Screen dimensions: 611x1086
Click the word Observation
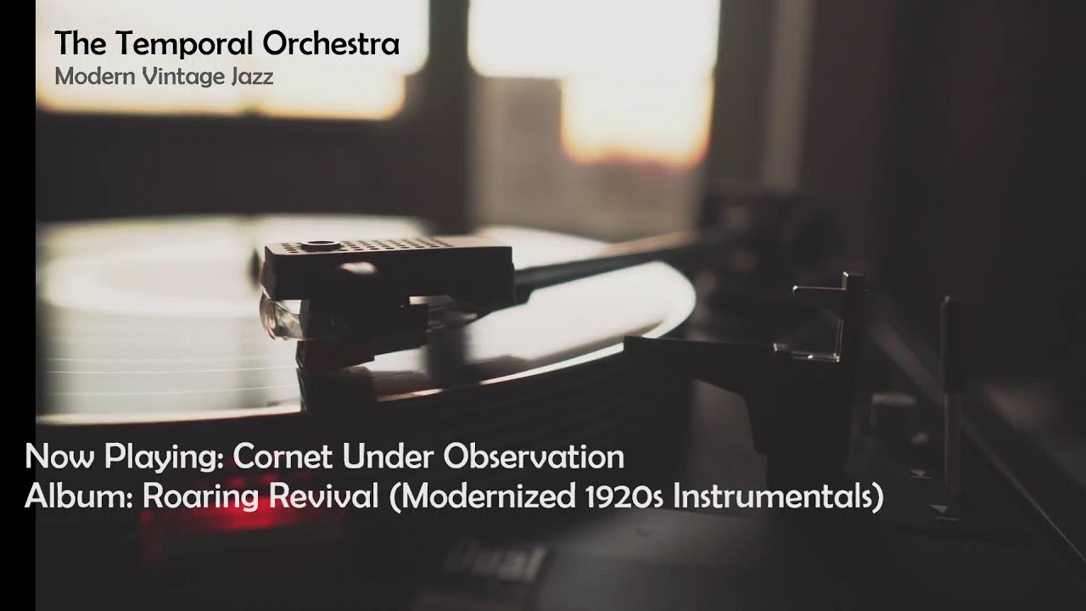(533, 457)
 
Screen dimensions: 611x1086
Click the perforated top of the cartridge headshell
(365, 247)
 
